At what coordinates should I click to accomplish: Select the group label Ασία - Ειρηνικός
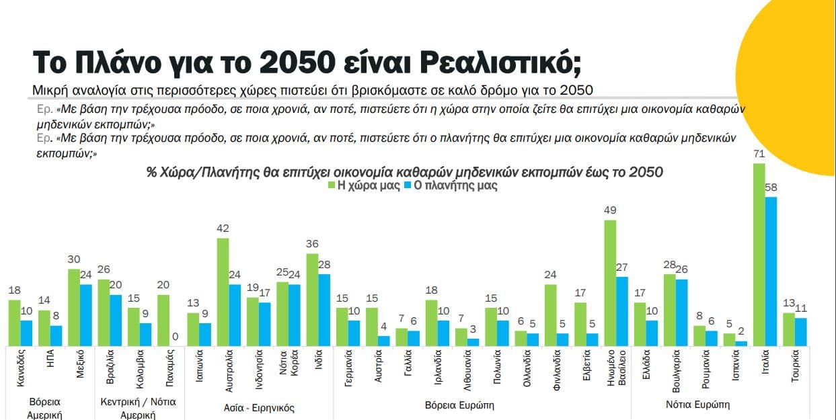259,407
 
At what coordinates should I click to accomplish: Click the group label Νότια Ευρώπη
697,405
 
